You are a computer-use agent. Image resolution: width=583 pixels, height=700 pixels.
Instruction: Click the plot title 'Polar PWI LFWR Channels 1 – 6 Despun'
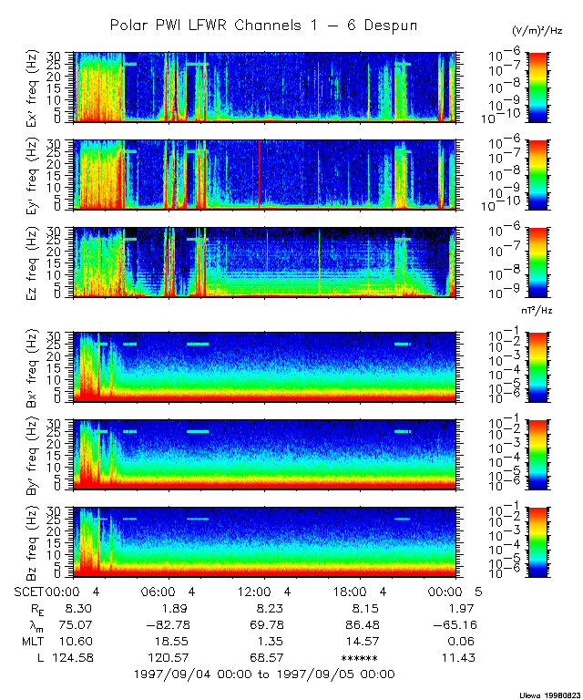pyautogui.click(x=263, y=25)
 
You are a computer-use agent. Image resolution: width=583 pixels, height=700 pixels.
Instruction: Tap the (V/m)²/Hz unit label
pyautogui.click(x=537, y=31)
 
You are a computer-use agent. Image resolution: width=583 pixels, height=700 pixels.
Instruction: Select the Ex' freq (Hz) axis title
pyautogui.click(x=37, y=87)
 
